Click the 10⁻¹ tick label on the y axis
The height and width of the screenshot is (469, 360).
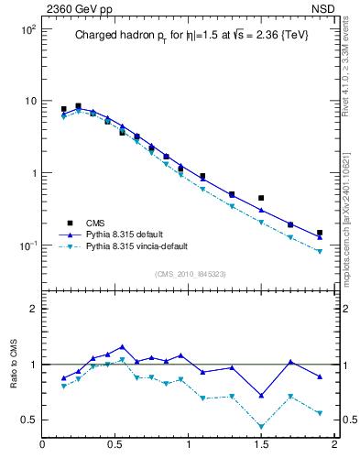click(x=27, y=245)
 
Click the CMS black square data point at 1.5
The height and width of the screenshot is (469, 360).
click(x=261, y=198)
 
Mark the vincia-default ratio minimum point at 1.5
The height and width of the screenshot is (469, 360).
click(x=261, y=427)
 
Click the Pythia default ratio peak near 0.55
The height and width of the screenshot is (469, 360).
click(x=122, y=347)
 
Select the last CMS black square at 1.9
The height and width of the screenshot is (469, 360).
click(x=320, y=233)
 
